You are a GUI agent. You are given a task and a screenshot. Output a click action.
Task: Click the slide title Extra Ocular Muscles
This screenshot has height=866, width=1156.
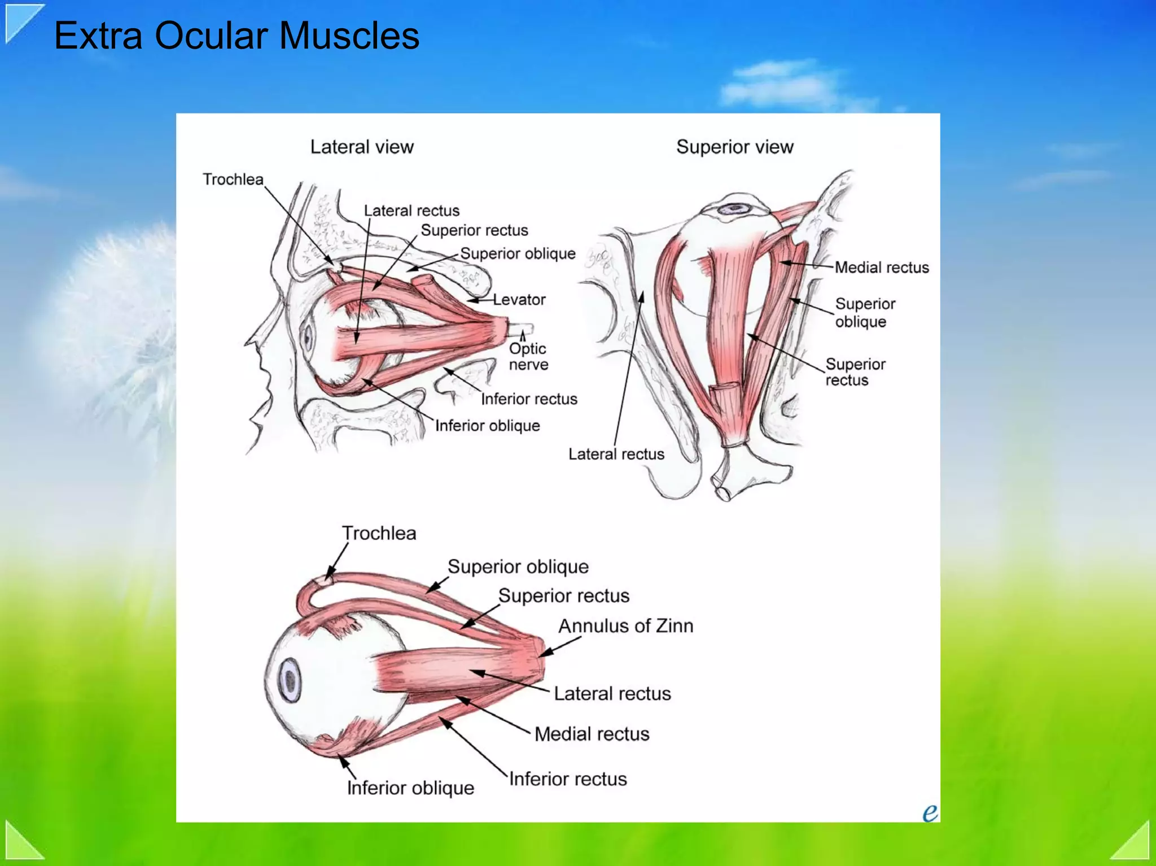pos(237,36)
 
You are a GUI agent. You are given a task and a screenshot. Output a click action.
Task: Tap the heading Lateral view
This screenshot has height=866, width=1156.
pos(362,147)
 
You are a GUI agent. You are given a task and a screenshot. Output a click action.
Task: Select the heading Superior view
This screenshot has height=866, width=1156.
pos(735,147)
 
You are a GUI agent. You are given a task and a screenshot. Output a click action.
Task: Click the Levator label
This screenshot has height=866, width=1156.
pos(519,299)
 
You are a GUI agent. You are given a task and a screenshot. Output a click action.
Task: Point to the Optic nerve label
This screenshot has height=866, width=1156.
pos(528,356)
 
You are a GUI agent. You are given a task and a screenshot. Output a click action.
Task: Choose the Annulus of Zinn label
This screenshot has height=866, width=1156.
pos(626,626)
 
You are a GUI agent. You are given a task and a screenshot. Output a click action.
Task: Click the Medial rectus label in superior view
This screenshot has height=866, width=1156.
pos(882,267)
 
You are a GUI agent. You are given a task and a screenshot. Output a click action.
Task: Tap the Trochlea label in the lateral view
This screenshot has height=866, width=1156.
pos(233,179)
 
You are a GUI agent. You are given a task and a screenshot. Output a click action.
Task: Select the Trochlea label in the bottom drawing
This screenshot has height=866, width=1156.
pos(379,533)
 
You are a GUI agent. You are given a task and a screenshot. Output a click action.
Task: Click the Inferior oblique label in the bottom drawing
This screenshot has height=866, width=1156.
pos(410,788)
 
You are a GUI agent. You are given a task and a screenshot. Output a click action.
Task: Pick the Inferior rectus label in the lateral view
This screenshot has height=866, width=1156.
pos(529,399)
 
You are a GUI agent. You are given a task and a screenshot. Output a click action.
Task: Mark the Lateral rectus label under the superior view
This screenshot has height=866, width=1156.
pos(616,454)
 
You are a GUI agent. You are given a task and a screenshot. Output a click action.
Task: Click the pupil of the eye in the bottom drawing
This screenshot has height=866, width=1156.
pos(291,681)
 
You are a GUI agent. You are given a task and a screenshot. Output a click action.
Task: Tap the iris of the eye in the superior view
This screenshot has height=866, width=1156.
pos(734,208)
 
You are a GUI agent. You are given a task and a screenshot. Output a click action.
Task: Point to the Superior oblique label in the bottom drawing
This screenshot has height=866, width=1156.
pos(518,566)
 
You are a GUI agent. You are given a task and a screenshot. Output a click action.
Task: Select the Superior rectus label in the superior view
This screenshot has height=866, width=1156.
pos(855,372)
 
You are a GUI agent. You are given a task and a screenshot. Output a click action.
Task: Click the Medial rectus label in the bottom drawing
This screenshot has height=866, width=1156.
pos(592,733)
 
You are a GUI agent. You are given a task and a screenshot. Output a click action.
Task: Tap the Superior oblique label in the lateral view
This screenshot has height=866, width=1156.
pos(518,253)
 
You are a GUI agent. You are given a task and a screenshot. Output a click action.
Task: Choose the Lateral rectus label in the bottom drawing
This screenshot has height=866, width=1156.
pos(612,693)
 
